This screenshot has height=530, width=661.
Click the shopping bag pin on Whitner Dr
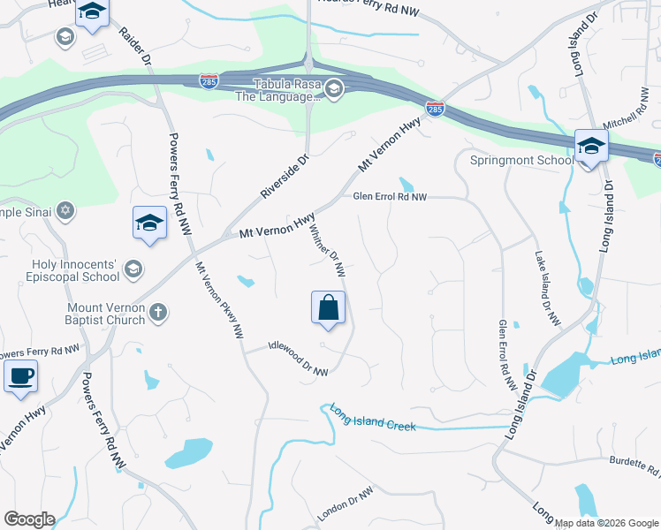pyautogui.click(x=328, y=307)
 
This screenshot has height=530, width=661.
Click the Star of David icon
pyautogui.click(x=64, y=210)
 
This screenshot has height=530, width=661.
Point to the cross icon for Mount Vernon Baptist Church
pyautogui.click(x=158, y=312)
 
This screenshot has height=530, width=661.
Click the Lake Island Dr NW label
pyautogui.click(x=548, y=289)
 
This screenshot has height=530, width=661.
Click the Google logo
pyautogui.click(x=29, y=519)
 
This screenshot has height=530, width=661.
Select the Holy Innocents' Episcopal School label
pyautogui.click(x=64, y=270)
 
